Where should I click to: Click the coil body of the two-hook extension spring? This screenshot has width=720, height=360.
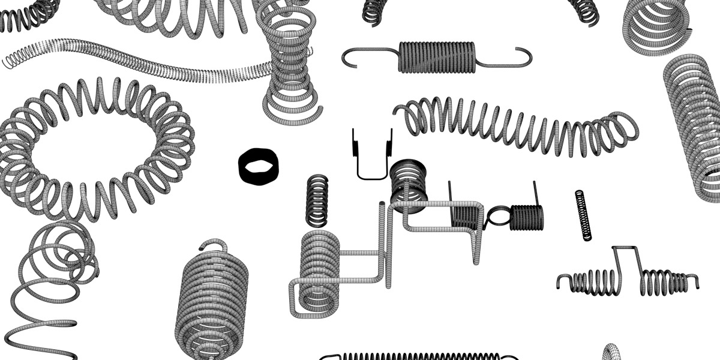(437, 57)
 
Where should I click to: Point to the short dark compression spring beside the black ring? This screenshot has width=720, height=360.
(317, 200)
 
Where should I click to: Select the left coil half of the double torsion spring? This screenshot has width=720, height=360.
(591, 281)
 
